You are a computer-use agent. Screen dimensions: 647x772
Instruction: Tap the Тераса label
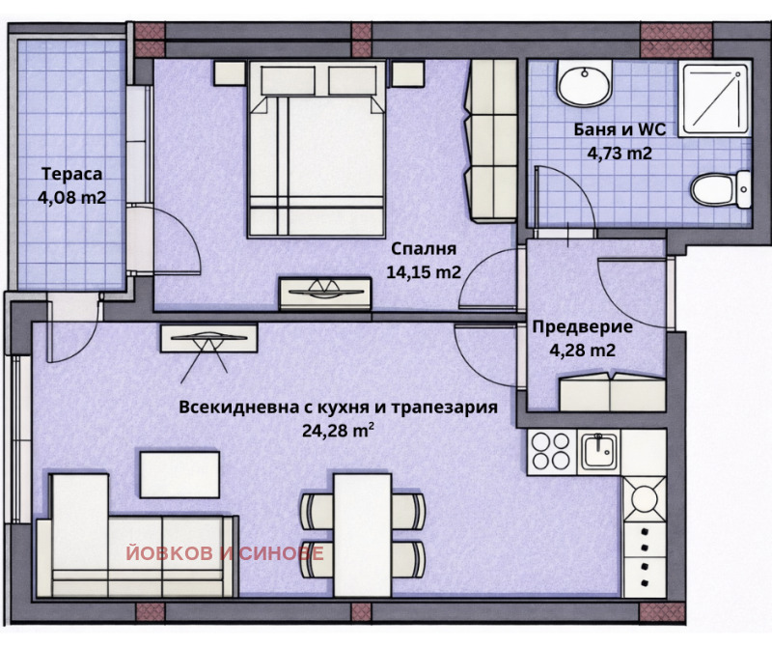click(x=70, y=174)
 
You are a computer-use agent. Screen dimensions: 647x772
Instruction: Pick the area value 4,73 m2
click(x=620, y=152)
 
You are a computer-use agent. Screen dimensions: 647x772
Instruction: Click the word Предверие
click(x=582, y=326)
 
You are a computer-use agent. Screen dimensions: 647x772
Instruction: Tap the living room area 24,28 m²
click(x=338, y=431)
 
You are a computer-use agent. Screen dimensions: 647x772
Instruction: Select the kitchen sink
click(x=599, y=452)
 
